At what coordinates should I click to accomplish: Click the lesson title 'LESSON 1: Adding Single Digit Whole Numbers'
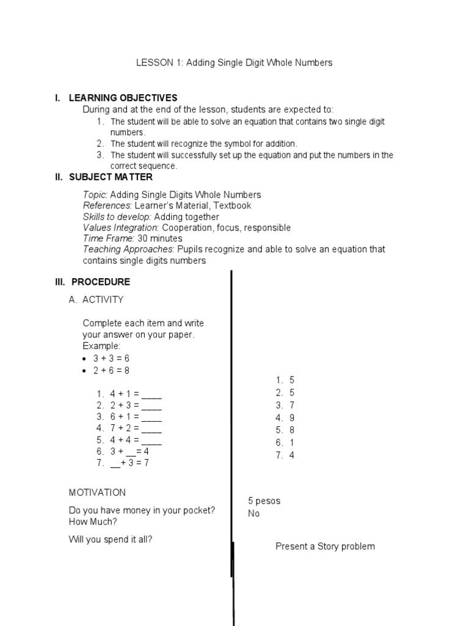click(x=234, y=63)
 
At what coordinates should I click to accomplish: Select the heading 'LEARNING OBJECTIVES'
click(x=123, y=98)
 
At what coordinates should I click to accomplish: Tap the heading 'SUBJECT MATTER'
click(x=111, y=177)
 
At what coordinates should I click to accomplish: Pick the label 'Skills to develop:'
click(x=117, y=216)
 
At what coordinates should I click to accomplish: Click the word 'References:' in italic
click(x=107, y=205)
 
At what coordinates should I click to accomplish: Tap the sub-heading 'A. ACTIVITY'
click(x=96, y=300)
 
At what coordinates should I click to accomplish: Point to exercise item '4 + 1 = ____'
click(x=136, y=394)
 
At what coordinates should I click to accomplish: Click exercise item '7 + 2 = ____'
click(x=136, y=428)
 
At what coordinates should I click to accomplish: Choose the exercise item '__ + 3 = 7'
click(x=129, y=463)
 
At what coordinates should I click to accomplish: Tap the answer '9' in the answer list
click(x=292, y=418)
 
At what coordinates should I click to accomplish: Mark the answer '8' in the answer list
click(x=292, y=430)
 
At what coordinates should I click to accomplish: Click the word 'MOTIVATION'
click(x=97, y=492)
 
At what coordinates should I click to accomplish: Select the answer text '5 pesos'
click(x=264, y=501)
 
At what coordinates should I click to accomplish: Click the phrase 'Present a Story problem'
click(x=325, y=546)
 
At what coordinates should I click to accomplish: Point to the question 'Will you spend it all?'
click(x=111, y=539)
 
